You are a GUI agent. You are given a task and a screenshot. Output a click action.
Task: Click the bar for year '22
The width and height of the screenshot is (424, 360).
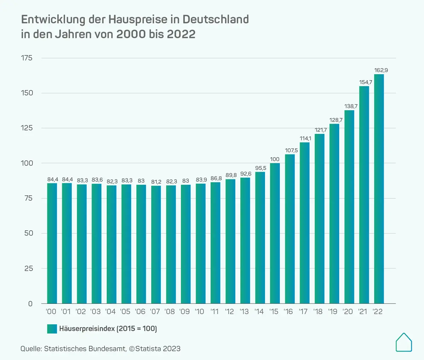(379, 189)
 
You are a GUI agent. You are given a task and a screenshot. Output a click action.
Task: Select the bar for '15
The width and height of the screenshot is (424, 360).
(275, 233)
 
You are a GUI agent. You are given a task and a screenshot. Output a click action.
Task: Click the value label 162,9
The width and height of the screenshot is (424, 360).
(381, 70)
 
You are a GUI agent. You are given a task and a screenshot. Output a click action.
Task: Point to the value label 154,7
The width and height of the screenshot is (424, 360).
(366, 82)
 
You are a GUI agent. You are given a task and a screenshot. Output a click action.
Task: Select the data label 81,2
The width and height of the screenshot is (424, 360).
(156, 182)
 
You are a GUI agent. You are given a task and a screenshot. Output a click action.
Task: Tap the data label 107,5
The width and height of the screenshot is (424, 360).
(291, 151)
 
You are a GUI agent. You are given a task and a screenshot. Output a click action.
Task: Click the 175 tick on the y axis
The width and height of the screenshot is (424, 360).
(26, 58)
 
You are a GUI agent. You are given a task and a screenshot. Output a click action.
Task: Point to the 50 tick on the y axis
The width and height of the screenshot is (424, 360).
(29, 233)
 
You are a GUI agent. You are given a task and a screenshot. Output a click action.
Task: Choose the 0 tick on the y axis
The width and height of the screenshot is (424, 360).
(30, 303)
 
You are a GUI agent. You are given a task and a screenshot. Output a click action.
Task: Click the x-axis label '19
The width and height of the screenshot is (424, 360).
(332, 312)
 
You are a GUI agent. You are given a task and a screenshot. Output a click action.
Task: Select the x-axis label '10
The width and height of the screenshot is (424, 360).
(200, 312)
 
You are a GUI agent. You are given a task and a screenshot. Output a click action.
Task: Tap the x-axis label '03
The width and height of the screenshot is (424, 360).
(96, 312)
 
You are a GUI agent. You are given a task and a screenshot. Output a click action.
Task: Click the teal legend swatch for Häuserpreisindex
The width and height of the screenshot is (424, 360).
(52, 329)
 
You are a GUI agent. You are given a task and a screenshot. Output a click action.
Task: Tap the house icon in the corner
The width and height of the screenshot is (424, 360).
(404, 342)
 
